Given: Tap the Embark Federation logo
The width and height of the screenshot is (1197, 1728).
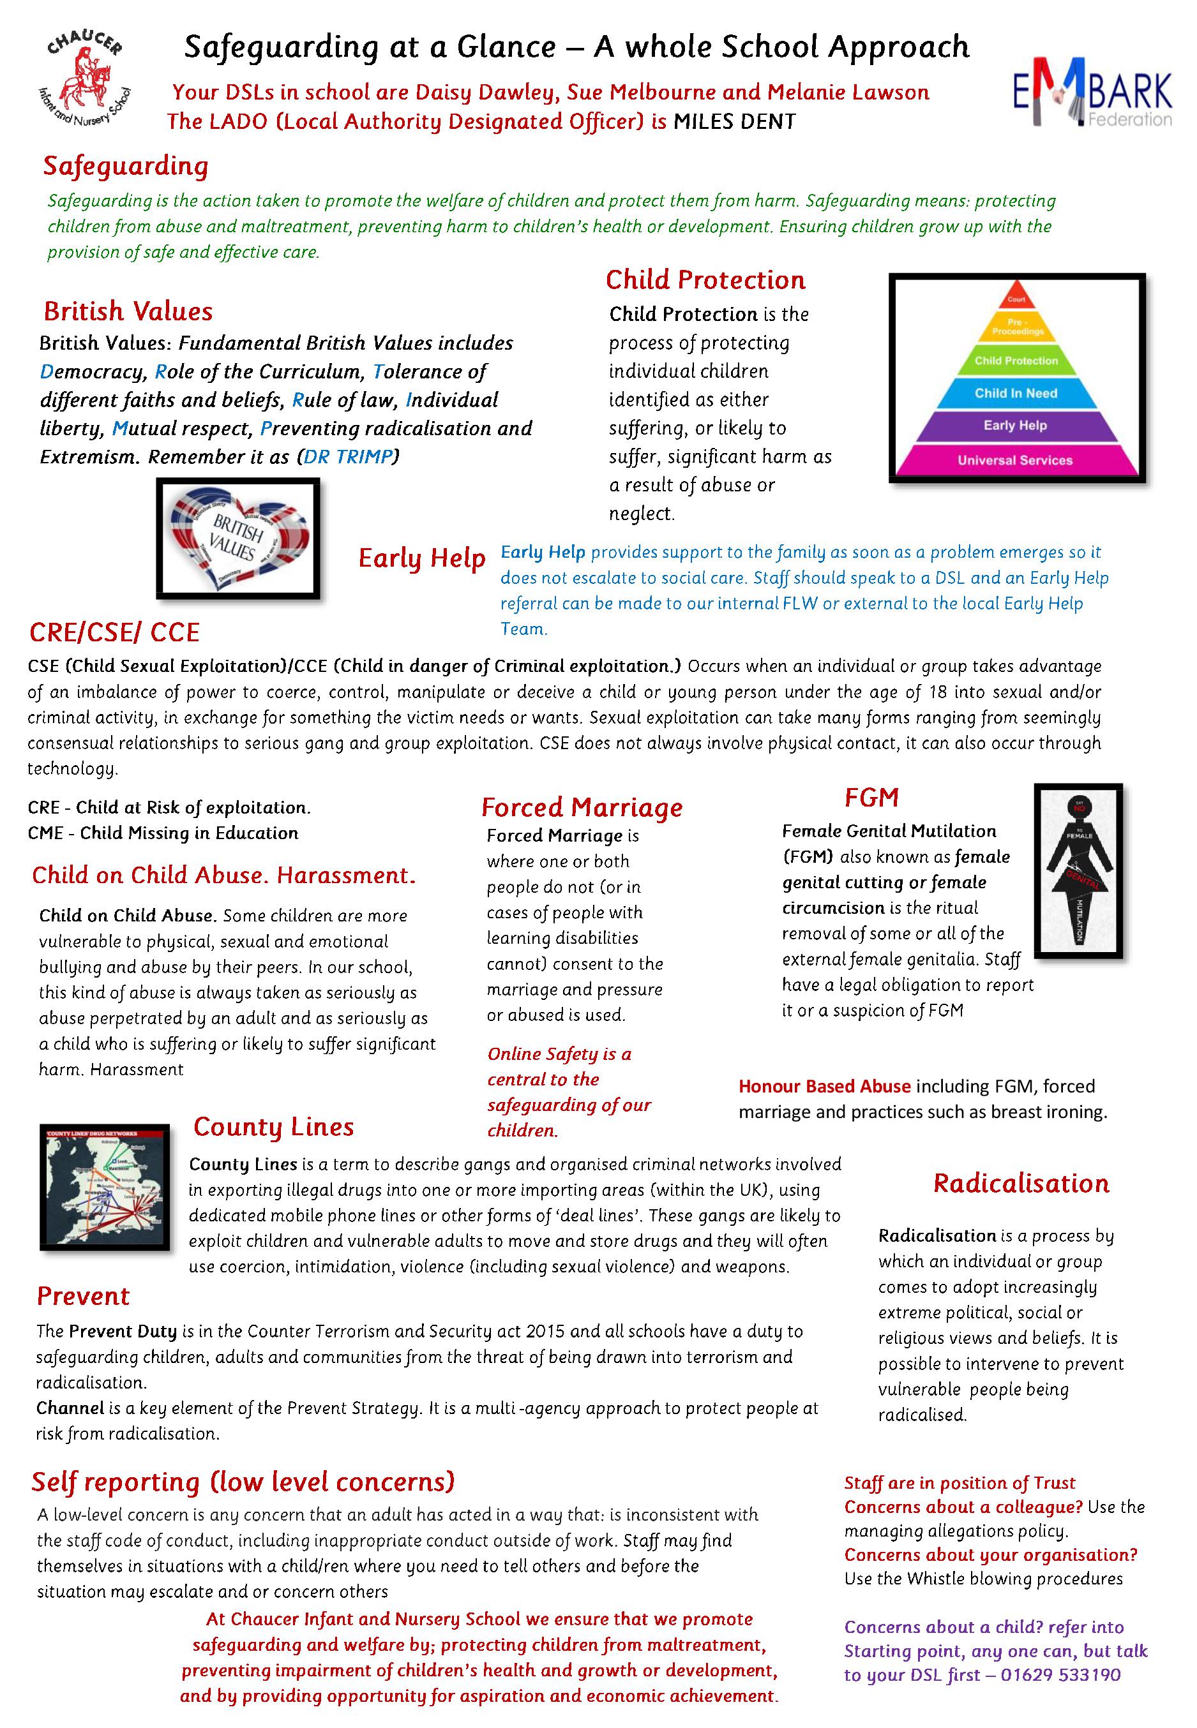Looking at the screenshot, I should pyautogui.click(x=1092, y=89).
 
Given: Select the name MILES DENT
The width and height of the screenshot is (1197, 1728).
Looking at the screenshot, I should pyautogui.click(x=734, y=121).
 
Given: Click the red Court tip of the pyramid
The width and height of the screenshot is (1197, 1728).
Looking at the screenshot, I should pyautogui.click(x=1016, y=297).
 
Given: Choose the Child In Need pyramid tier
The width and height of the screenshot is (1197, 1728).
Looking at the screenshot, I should pyautogui.click(x=1016, y=394).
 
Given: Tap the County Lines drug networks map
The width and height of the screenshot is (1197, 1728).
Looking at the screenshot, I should pyautogui.click(x=104, y=1188).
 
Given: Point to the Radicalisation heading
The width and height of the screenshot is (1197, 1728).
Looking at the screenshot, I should pyautogui.click(x=1021, y=1183).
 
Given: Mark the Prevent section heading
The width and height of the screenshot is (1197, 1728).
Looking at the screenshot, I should pyautogui.click(x=83, y=1296).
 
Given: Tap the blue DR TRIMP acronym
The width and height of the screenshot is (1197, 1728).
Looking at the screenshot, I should pyautogui.click(x=348, y=456).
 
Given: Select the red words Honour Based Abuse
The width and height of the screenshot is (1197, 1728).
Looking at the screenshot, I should pyautogui.click(x=824, y=1086).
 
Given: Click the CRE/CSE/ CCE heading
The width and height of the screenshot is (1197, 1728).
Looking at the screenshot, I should pyautogui.click(x=114, y=632).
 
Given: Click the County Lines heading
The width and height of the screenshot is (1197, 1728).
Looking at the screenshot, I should pyautogui.click(x=273, y=1127).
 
